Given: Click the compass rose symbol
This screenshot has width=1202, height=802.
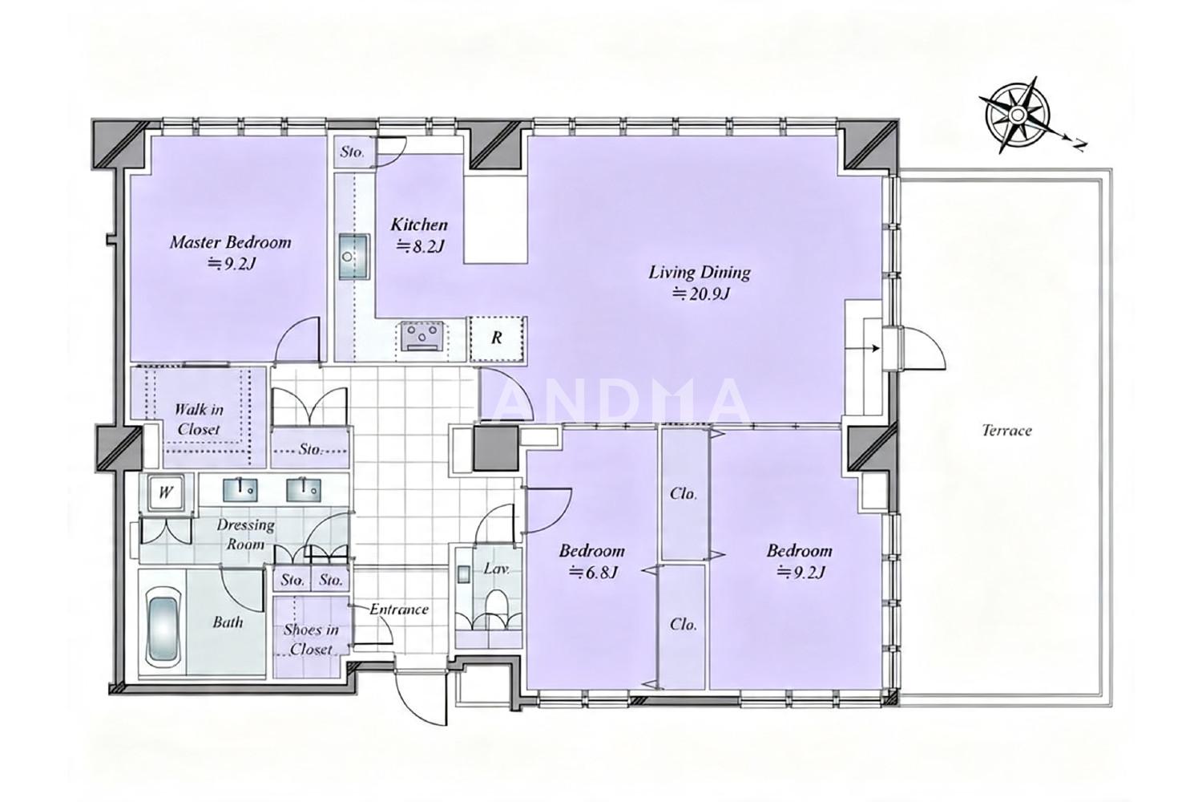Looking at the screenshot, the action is [1017, 115].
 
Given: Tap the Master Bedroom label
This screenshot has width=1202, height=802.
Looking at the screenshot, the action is [231, 242].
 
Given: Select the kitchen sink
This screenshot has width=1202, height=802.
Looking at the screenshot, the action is [354, 257].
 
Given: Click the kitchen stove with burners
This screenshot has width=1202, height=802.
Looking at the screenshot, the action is [422, 336].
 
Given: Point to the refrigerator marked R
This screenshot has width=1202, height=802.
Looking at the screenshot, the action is [497, 338].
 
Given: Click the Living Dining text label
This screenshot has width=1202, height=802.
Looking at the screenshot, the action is [700, 273].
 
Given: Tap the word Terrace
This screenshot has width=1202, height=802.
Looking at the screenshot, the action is [1006, 431].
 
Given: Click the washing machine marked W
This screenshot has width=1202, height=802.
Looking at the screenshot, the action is [165, 492].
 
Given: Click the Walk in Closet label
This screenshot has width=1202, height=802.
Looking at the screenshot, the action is [199, 419].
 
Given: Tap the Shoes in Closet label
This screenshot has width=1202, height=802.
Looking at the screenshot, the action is [311, 639].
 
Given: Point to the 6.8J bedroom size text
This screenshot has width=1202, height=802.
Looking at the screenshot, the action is [594, 573].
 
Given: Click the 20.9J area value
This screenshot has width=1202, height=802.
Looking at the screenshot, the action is [701, 294].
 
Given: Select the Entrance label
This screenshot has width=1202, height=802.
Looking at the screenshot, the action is [399, 610].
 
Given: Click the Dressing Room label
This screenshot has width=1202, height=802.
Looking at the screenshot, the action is [246, 534].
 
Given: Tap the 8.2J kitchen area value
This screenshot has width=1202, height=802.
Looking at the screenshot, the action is [421, 246].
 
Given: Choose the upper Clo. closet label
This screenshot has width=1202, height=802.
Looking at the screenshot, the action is [684, 493].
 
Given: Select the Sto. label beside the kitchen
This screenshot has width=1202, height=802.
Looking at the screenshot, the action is [352, 152].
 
